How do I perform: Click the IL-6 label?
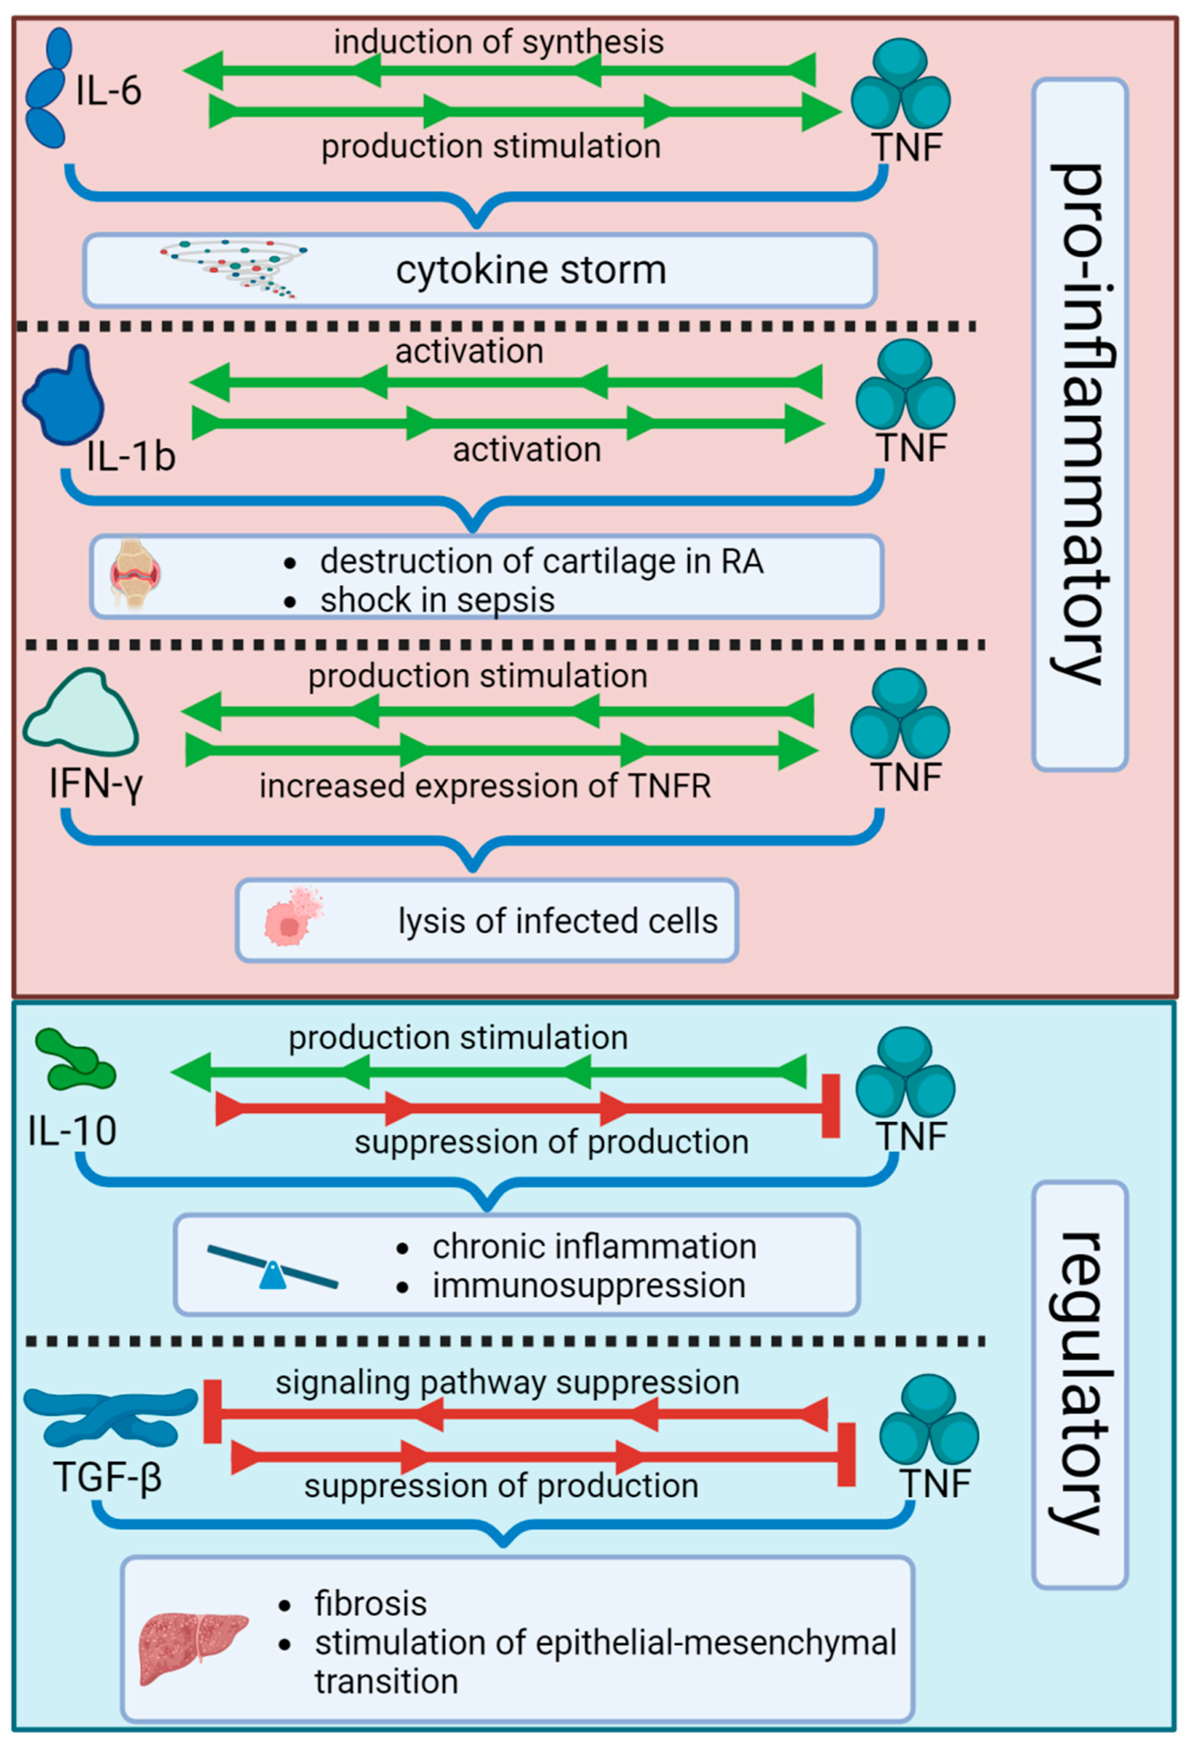108,91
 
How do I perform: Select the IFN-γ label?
96,785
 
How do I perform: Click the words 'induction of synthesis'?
499,42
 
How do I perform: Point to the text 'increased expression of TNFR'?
484,786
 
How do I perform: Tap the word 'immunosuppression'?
589,1285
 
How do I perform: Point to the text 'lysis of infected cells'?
557,921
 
